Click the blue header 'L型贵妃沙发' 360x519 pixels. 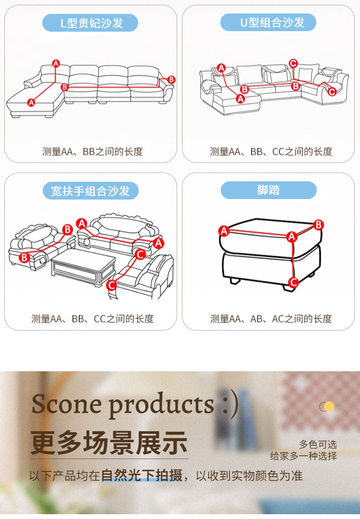(90, 23)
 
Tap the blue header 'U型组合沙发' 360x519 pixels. (269, 23)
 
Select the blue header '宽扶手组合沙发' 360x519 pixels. (90, 191)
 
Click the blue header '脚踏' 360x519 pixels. (269, 190)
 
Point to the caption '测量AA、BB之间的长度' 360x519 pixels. (93, 152)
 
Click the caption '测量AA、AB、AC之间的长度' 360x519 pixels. (271, 318)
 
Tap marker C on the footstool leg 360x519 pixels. (293, 283)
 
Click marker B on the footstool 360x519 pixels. (318, 224)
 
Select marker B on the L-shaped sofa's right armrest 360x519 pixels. (171, 80)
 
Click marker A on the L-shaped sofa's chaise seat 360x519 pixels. (32, 102)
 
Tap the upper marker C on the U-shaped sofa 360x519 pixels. (293, 63)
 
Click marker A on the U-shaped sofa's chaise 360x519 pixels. (240, 99)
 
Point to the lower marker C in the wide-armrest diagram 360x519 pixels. (111, 285)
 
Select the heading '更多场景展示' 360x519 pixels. (109, 442)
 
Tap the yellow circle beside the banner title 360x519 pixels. (329, 407)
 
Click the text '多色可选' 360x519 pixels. (318, 445)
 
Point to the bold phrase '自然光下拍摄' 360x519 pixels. (142, 476)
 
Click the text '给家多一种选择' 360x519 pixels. (303, 456)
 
